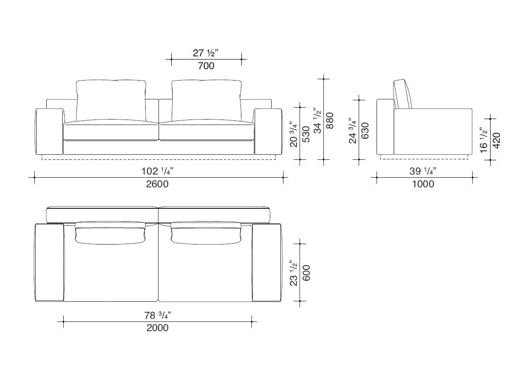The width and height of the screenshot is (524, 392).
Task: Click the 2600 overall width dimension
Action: click(x=157, y=184)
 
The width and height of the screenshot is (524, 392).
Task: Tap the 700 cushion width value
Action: click(x=206, y=66)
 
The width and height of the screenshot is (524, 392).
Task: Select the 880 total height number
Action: click(x=329, y=121)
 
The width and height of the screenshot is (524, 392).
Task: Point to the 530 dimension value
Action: click(x=306, y=134)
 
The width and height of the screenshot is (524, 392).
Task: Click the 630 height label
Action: click(x=365, y=131)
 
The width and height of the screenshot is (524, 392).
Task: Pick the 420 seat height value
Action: click(x=496, y=141)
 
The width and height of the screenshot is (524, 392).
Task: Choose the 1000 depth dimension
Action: click(x=423, y=184)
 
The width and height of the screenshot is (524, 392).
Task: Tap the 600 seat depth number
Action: click(x=306, y=272)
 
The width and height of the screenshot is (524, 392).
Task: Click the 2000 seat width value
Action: click(x=157, y=328)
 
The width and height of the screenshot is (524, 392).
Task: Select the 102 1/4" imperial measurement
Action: click(x=158, y=171)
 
